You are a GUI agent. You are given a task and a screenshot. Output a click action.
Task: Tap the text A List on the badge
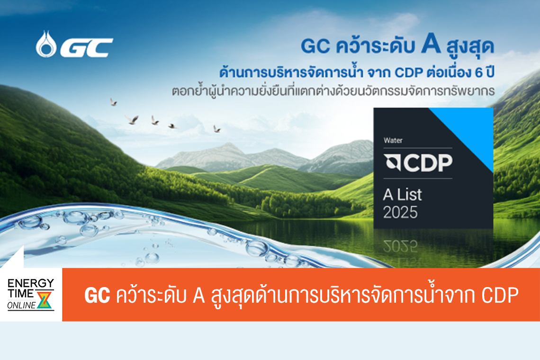[x=402, y=195]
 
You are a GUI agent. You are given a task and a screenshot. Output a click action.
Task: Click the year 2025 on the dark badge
[x=400, y=213]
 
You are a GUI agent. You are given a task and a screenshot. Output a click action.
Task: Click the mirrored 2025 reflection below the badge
[x=400, y=244]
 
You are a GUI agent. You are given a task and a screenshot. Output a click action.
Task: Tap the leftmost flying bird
[x=113, y=102]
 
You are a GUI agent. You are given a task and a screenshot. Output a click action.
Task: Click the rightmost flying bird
[x=216, y=128]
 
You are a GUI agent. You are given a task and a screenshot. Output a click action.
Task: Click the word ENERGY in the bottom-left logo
[x=31, y=283]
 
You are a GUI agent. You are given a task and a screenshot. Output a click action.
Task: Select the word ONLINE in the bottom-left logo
[x=22, y=306]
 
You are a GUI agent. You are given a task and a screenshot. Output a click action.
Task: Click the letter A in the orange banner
[x=198, y=296]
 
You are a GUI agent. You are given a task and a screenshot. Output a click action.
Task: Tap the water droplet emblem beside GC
[x=46, y=44]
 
